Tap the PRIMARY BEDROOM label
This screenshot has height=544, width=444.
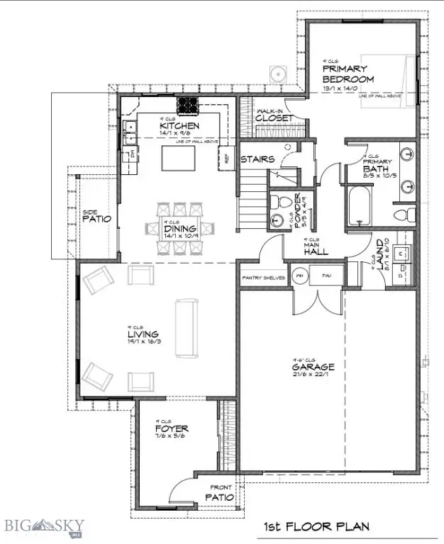click(348, 74)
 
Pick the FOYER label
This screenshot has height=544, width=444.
click(171, 429)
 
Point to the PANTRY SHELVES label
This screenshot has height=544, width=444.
click(263, 278)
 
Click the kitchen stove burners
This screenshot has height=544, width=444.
click(188, 105)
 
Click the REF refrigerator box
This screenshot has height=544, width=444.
click(228, 159)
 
